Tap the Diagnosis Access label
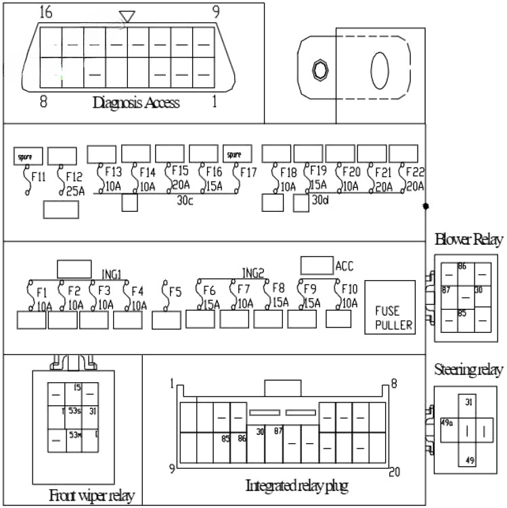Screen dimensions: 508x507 [x=136, y=103]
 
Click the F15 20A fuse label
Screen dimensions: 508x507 [x=179, y=178]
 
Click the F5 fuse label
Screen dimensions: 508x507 [x=175, y=293]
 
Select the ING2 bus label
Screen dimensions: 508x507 [x=252, y=273]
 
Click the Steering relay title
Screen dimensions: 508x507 [x=468, y=370]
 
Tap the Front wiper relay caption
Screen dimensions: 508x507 [x=92, y=496]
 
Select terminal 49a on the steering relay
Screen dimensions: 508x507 [x=447, y=423]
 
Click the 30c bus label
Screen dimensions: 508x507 [x=185, y=201]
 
